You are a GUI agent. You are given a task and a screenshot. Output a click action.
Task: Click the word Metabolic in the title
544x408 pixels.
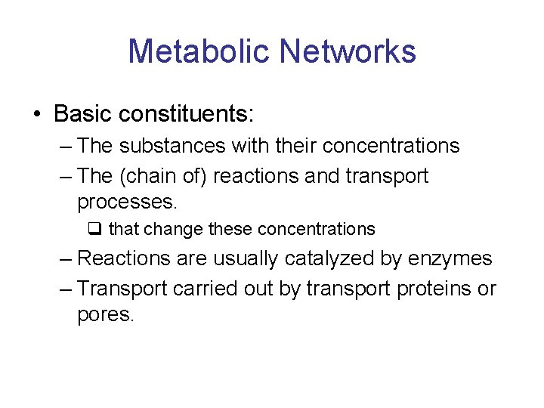point(199,51)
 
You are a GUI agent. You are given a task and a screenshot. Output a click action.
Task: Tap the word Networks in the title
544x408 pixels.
point(347,51)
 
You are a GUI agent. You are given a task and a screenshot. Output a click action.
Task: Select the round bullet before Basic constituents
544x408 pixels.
point(37,115)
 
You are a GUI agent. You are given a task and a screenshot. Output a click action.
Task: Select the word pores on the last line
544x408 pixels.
point(104,315)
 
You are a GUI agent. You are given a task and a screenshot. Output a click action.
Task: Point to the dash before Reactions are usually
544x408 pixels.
point(66,258)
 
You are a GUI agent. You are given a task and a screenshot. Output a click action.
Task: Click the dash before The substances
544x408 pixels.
point(66,145)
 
